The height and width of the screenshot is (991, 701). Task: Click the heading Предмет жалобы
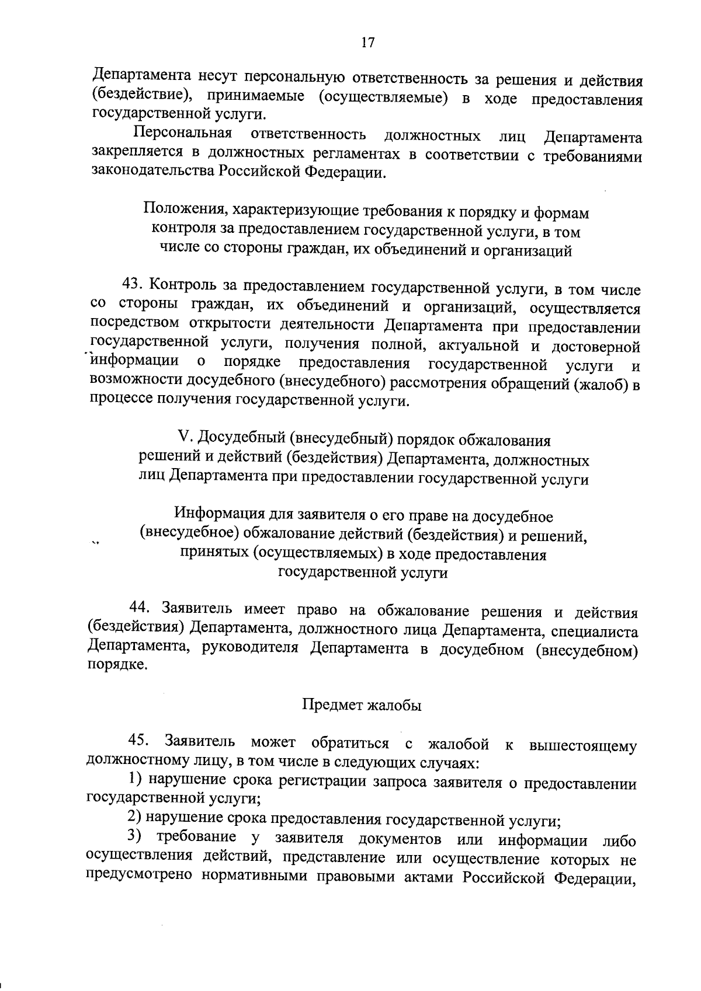[x=362, y=705]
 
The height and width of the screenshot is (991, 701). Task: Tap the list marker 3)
[x=135, y=836]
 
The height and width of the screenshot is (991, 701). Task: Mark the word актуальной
[x=463, y=345]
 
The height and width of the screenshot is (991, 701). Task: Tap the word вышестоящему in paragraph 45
[x=581, y=745]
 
